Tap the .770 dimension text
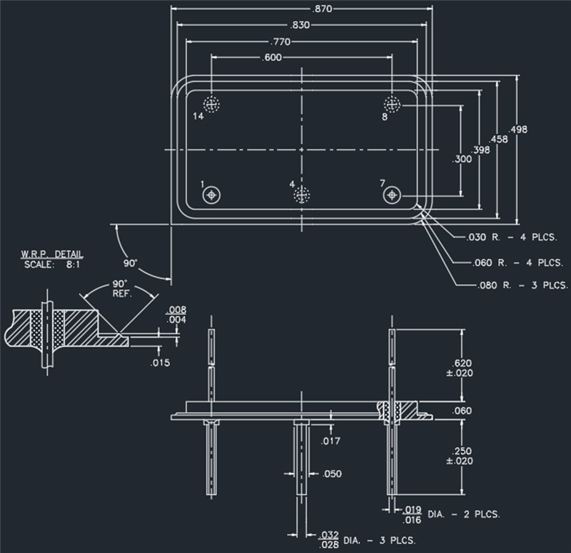pos(279,41)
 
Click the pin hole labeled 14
pos(212,103)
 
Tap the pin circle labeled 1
pos(212,195)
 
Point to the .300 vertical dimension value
pos(463,159)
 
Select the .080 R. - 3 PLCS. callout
pos(521,286)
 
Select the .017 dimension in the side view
pos(330,441)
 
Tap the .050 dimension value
pos(333,474)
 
